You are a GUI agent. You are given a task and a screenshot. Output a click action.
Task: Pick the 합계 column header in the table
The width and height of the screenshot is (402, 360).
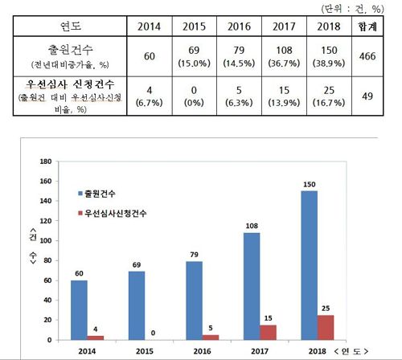[x=370, y=26]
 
